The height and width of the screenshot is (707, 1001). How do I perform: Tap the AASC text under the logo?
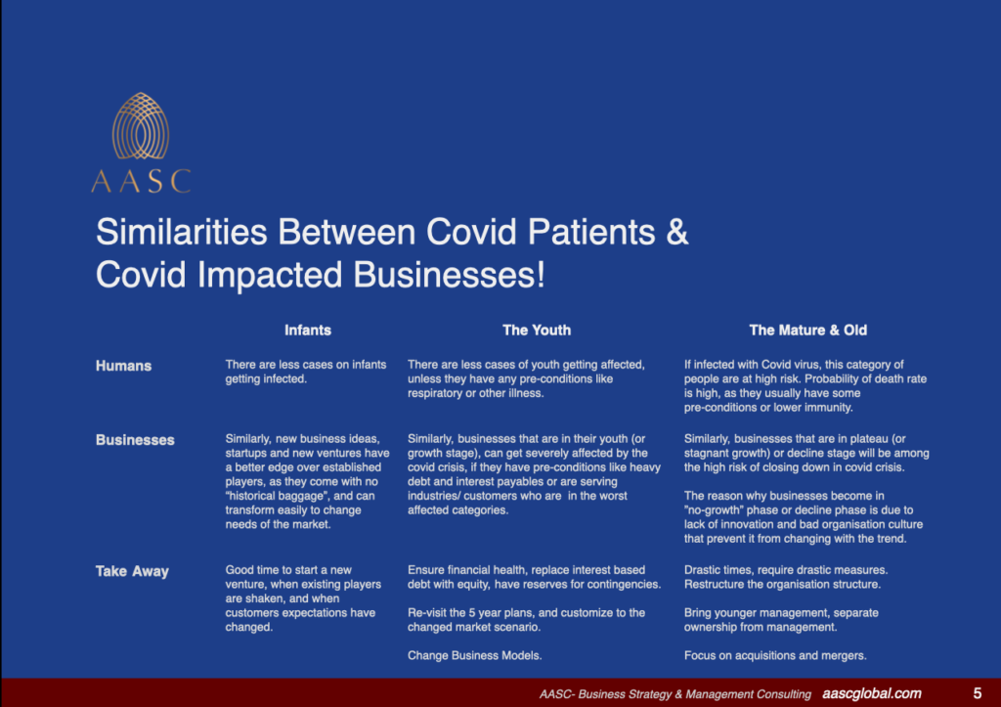point(141,181)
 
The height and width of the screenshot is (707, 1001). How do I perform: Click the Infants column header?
point(307,330)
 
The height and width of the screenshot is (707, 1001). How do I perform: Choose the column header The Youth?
point(537,330)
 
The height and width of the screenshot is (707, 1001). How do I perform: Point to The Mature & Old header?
point(807,330)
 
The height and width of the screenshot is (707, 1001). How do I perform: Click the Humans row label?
point(123,366)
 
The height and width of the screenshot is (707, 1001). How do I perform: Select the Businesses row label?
point(135,440)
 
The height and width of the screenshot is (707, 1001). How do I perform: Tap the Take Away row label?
point(132,571)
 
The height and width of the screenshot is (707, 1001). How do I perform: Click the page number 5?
point(978,693)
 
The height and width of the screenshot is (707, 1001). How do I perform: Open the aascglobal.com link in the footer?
point(872,693)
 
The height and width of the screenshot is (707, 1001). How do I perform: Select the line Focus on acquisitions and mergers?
point(775,655)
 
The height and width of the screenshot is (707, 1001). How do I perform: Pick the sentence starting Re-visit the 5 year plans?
point(526,612)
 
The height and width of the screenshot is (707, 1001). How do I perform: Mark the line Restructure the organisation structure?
point(782,584)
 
